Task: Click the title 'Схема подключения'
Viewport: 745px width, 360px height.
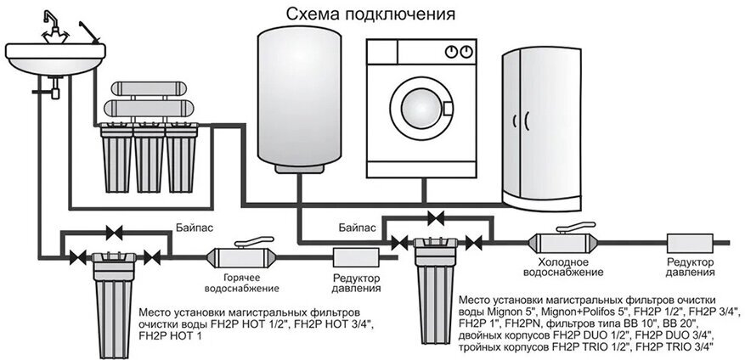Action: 370,14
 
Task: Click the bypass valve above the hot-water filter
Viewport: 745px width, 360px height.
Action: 111,230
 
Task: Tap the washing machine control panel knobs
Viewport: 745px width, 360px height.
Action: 456,51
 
